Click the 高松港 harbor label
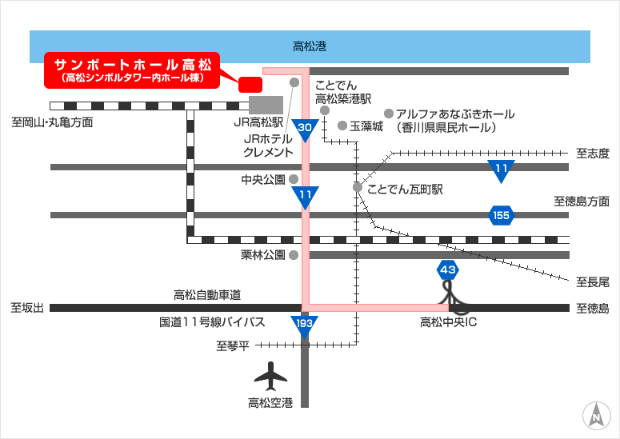[x=310, y=46]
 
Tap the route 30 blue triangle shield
[x=305, y=130]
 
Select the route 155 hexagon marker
[x=501, y=215]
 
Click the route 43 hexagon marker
[x=448, y=270]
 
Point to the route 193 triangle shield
[x=304, y=325]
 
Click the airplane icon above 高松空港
[x=270, y=376]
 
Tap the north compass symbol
[x=597, y=416]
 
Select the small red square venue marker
[x=250, y=85]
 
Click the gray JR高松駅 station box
[x=266, y=105]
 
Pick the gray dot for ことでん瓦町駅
[x=358, y=187]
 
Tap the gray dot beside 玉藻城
[x=342, y=126]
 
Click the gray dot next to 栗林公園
[x=294, y=255]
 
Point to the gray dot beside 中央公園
[x=294, y=179]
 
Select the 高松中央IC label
[x=448, y=322]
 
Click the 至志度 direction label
[x=592, y=154]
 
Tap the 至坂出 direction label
[x=27, y=307]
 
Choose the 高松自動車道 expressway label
[x=207, y=295]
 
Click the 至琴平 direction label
[x=233, y=346]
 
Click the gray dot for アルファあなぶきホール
[x=389, y=114]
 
